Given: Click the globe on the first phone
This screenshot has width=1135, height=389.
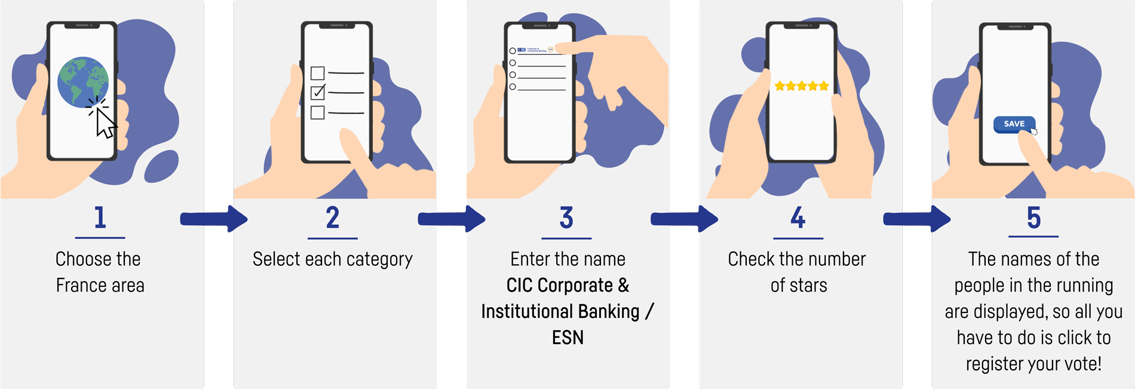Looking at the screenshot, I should (82, 82).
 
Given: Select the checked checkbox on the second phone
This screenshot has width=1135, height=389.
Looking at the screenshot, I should (318, 92).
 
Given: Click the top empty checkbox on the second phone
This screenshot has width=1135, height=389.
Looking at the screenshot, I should (318, 73).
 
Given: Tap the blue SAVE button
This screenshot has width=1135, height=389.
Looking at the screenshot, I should (1014, 124).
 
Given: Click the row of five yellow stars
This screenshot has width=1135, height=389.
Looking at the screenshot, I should (801, 86).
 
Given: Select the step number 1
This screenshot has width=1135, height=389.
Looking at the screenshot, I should (100, 218).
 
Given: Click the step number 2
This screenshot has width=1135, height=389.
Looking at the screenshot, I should (333, 218).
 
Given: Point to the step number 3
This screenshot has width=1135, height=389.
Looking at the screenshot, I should (566, 218).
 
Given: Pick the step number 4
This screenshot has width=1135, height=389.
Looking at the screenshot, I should (798, 218).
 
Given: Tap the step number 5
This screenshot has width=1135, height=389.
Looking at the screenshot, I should (1033, 218).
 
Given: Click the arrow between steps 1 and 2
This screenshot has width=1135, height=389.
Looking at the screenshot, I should (214, 219).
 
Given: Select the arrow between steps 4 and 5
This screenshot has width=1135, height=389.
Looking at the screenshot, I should (917, 219).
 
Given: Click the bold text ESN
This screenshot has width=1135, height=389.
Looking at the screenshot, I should (567, 338).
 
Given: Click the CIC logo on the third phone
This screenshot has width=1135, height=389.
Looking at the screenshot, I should (522, 50).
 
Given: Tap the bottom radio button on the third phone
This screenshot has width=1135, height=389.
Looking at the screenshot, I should (513, 87).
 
